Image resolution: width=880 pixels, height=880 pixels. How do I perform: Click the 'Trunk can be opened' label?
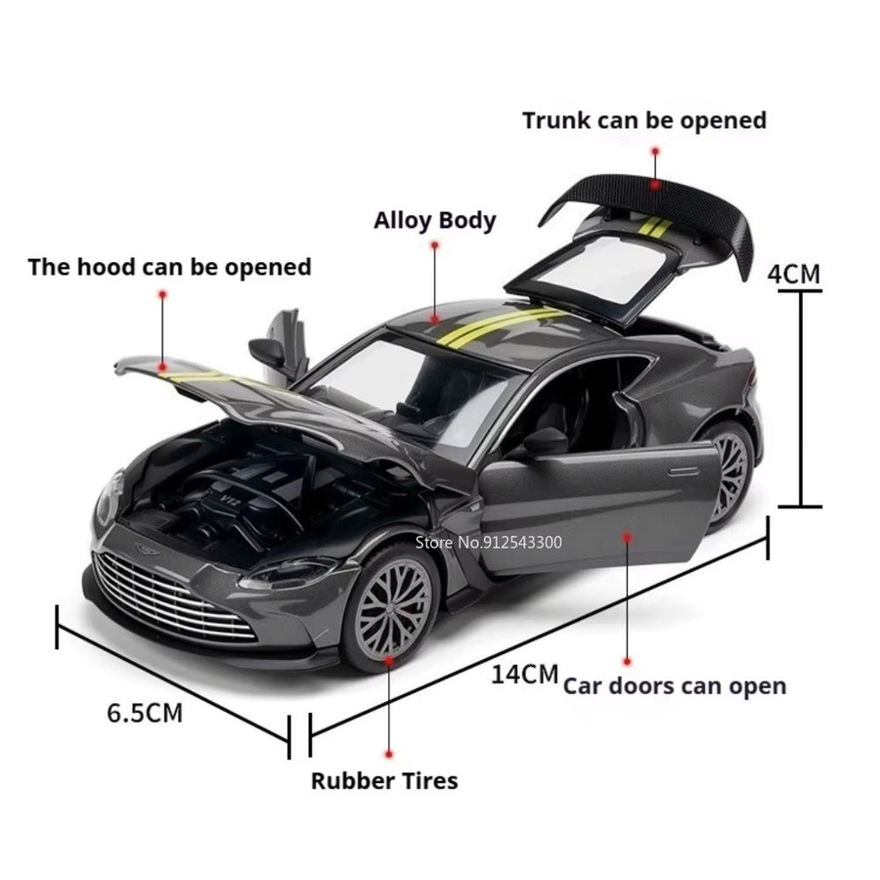click(644, 121)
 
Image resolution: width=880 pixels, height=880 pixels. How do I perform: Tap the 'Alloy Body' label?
click(435, 221)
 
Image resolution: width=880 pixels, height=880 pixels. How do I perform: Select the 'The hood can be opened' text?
click(169, 267)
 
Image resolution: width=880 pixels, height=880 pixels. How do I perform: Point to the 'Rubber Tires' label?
click(384, 780)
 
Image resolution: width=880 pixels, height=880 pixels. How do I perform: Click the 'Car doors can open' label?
click(675, 686)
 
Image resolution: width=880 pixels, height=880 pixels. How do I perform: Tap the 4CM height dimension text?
click(794, 274)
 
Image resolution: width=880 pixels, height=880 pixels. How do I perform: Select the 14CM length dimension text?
click(525, 674)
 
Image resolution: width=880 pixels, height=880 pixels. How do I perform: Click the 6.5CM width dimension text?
click(145, 714)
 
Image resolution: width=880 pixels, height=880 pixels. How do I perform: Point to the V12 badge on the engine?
click(230, 499)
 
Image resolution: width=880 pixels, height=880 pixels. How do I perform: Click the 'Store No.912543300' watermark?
click(488, 542)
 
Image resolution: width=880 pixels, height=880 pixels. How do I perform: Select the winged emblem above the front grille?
click(148, 548)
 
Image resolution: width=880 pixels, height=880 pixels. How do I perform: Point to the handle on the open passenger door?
click(683, 472)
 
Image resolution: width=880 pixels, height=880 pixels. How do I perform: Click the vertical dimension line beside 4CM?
click(800, 399)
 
